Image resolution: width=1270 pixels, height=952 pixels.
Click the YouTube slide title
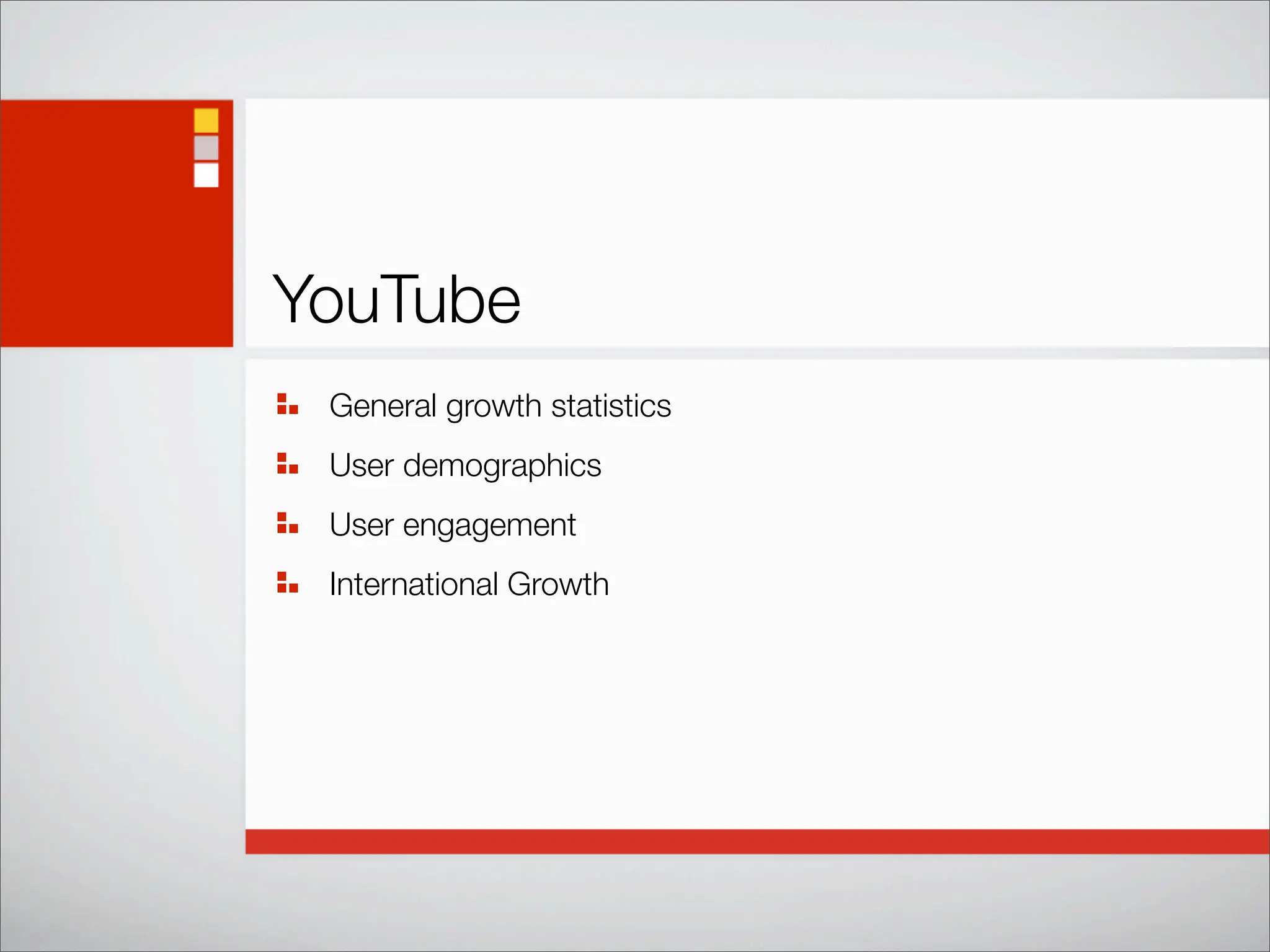(396, 300)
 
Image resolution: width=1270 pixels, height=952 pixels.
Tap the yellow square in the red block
(206, 120)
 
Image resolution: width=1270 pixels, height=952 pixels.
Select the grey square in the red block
(206, 148)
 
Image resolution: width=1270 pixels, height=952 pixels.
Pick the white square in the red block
(206, 175)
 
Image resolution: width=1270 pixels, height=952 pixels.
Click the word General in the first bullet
(383, 406)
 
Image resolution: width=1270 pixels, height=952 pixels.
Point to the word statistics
(611, 406)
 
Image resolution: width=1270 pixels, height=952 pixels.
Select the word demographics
(502, 466)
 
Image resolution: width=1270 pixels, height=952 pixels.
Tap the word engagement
(489, 526)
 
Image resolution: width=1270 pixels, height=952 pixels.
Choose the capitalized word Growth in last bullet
(558, 584)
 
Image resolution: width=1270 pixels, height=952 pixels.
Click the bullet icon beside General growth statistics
(287, 403)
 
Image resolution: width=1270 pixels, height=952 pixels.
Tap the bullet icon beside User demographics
(287, 463)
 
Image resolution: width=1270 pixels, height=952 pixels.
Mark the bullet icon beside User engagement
(287, 522)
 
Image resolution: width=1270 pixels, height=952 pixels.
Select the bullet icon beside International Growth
(287, 582)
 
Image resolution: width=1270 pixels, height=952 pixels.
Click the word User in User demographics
(362, 465)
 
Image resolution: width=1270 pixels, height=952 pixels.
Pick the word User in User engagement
(362, 525)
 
